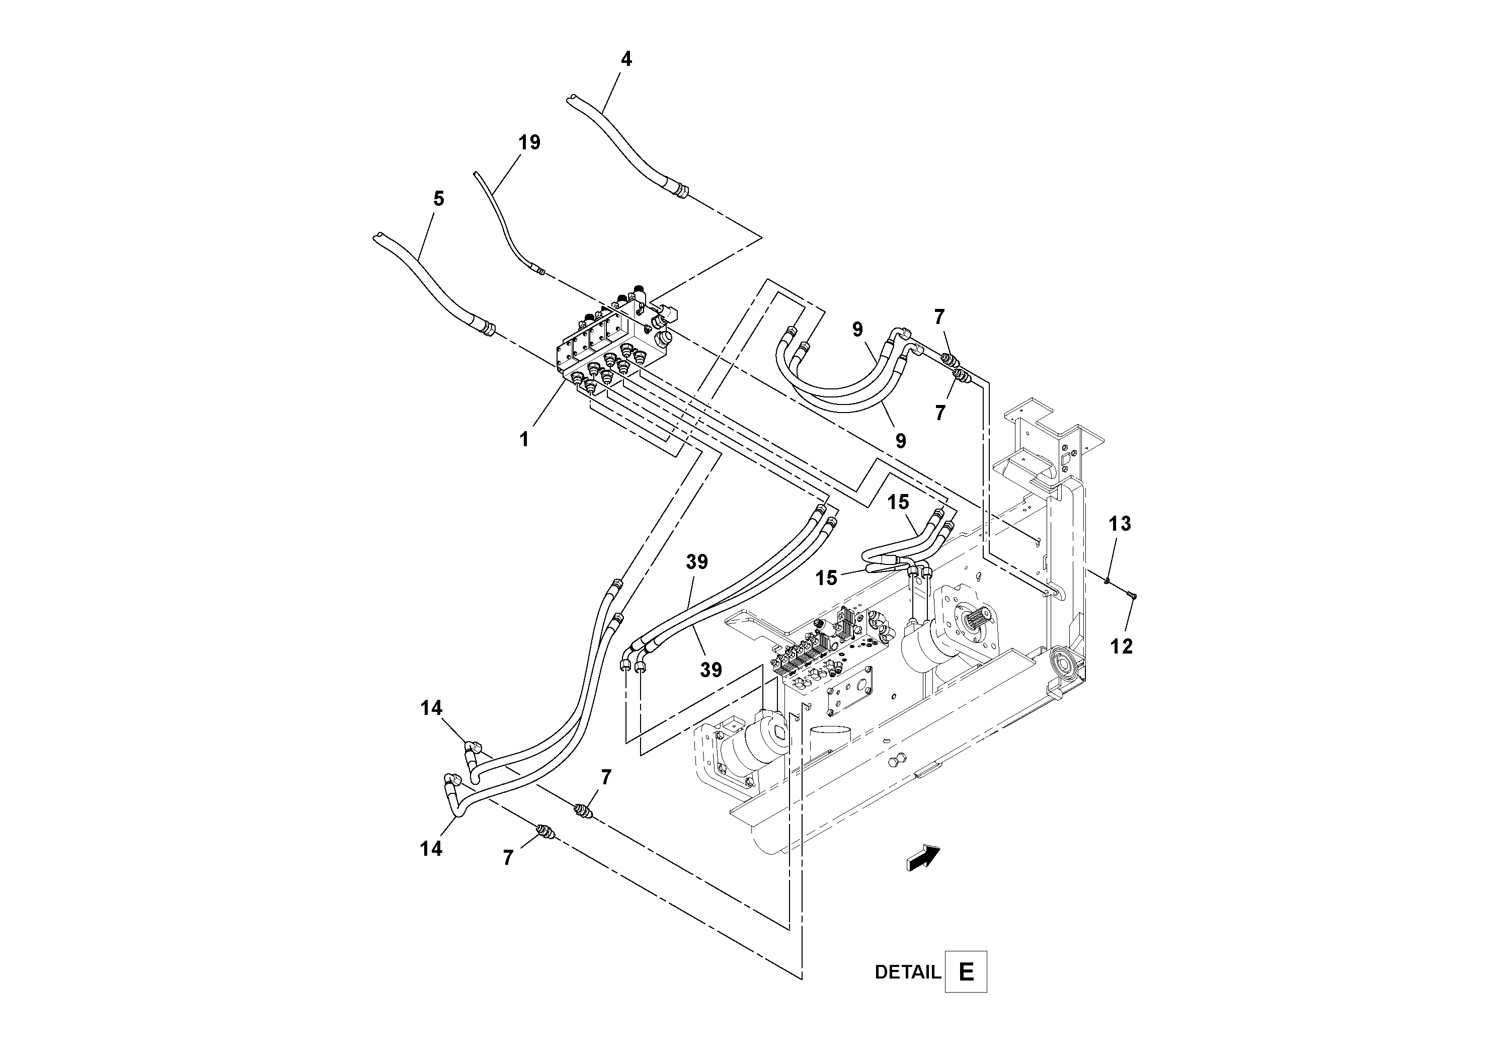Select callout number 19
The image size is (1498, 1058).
click(529, 142)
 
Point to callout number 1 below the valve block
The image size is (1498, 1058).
click(524, 440)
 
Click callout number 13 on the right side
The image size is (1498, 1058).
click(1120, 524)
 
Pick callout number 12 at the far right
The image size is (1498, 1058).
click(1122, 646)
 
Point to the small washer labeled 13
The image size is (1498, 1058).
click(1108, 580)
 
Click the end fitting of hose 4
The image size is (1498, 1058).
click(680, 192)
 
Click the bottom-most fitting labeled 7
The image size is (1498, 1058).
click(545, 832)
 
